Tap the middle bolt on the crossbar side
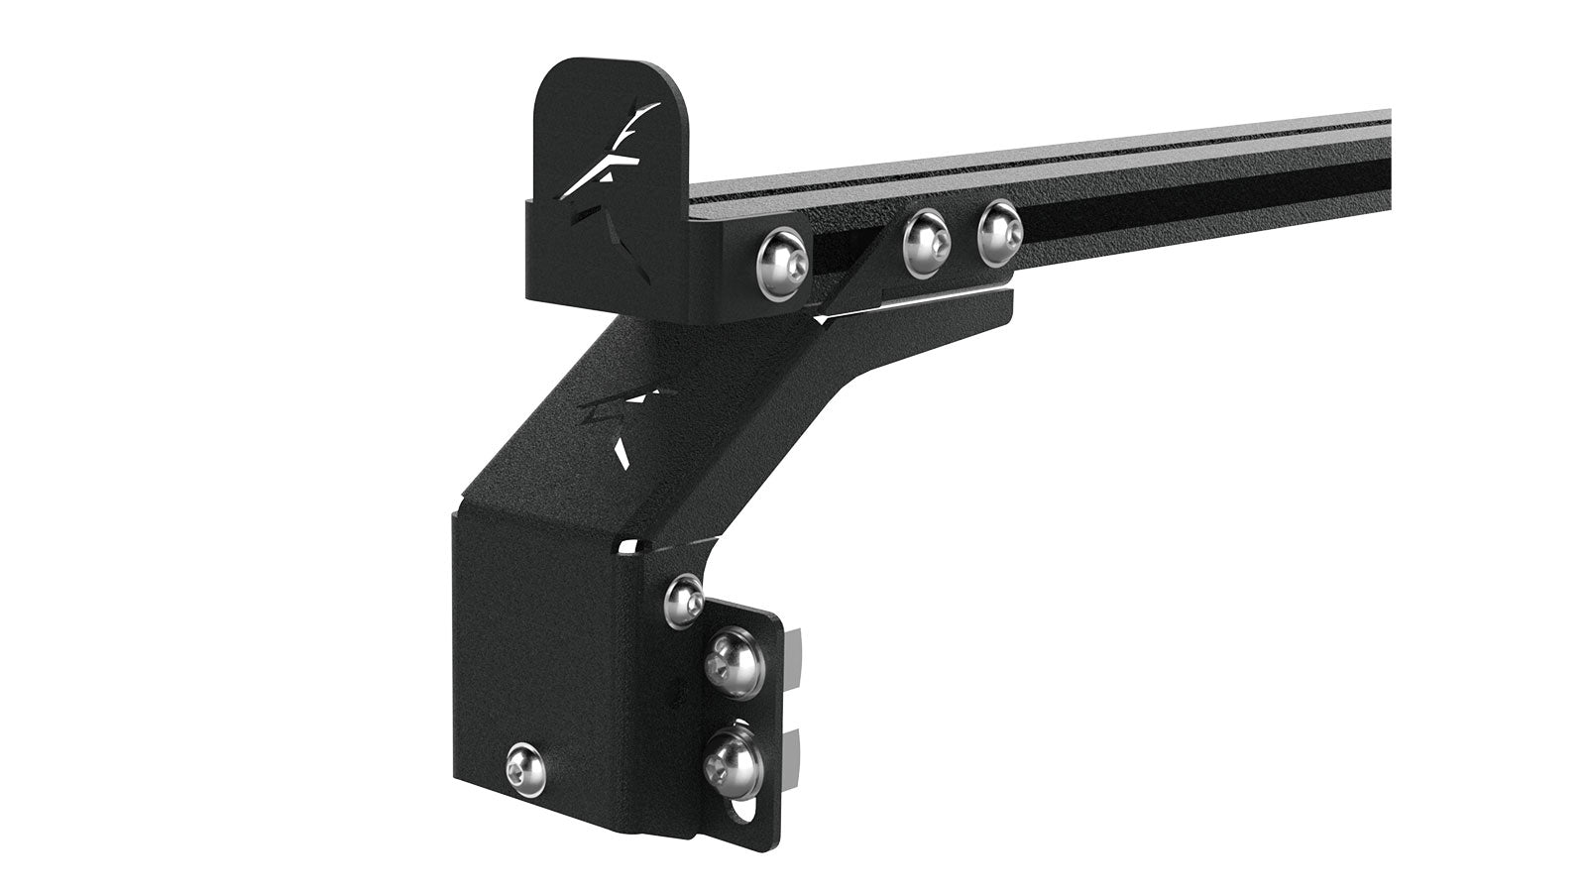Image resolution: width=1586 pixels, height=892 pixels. click(927, 243)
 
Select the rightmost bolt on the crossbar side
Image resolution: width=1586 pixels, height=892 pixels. click(998, 234)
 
